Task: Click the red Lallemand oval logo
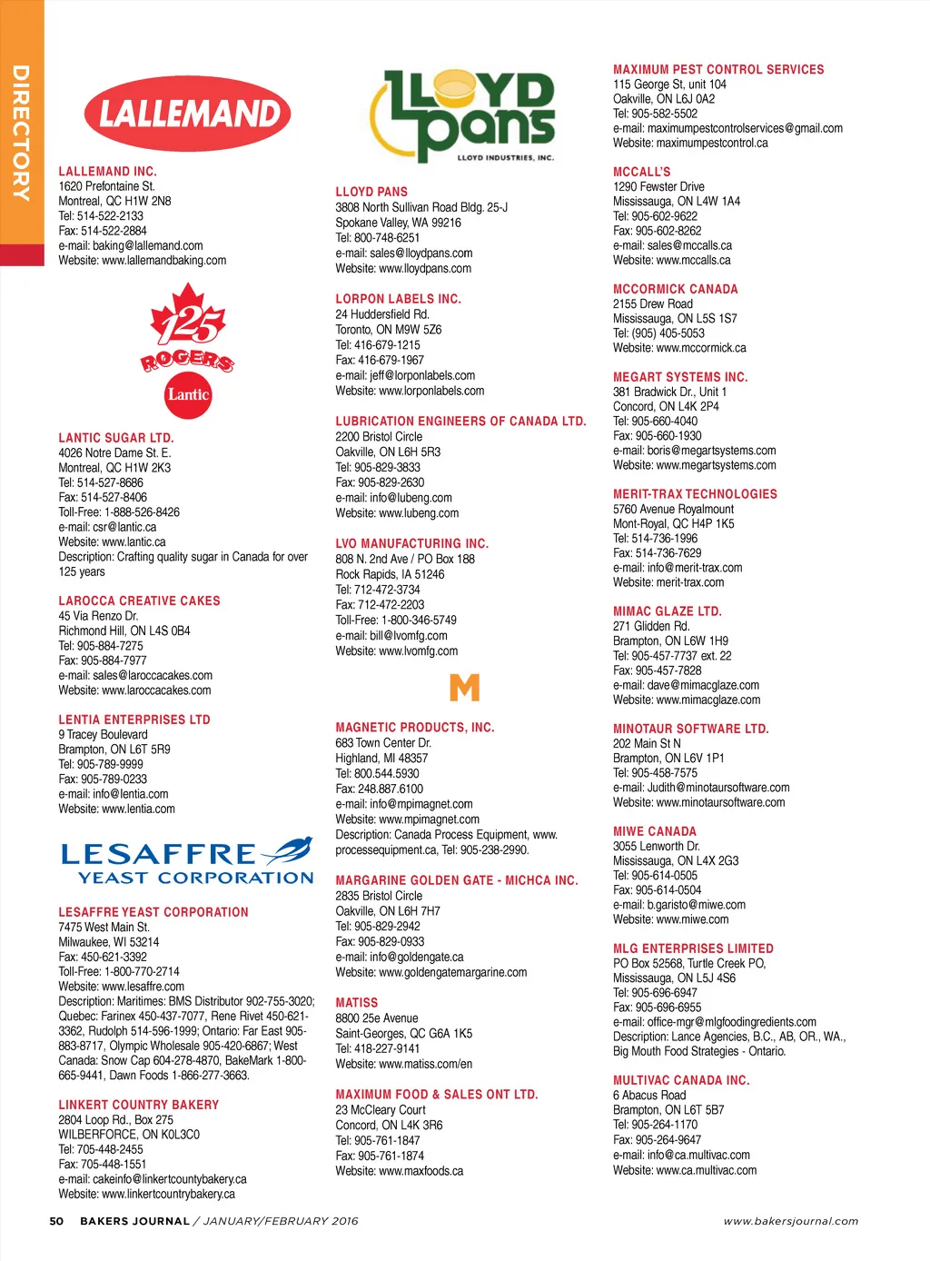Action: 188,114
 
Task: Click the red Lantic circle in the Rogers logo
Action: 188,395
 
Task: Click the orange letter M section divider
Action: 464,687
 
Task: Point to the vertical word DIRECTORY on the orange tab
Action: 21,133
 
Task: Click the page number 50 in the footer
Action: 56,1221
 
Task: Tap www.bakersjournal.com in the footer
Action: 790,1221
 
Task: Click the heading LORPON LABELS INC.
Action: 398,299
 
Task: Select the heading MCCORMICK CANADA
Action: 675,289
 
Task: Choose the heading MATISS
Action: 356,1002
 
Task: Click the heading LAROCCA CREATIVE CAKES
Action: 139,601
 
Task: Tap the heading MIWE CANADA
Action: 654,831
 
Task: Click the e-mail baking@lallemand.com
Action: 148,245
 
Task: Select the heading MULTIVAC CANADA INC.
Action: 680,1080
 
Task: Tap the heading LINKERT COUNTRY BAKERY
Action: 138,1105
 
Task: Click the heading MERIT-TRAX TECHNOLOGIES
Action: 695,494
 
